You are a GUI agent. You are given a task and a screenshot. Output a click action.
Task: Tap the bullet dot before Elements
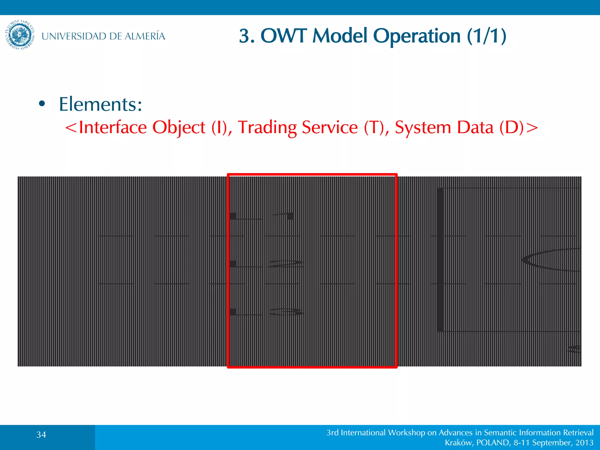tap(42, 104)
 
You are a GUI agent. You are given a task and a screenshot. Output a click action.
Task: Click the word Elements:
tap(100, 104)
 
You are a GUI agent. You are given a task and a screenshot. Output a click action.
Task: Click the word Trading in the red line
tap(267, 127)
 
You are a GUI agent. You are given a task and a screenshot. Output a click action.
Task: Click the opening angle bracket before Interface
tap(71, 128)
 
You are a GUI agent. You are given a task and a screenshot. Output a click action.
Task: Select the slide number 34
tap(41, 434)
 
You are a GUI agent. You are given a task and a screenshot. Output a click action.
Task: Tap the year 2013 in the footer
tap(584, 442)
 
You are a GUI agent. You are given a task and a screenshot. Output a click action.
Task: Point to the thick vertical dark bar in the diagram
tap(440, 260)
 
